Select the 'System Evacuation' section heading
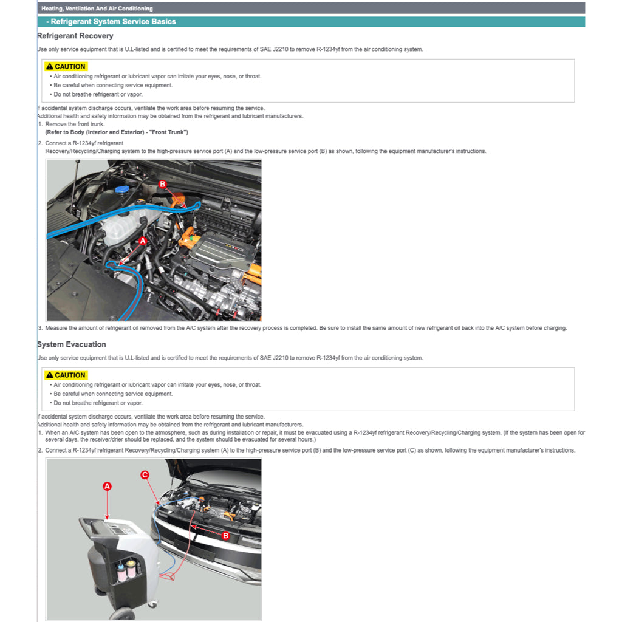(72, 344)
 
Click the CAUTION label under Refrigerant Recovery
(66, 66)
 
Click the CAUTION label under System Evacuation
(66, 375)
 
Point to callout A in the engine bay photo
(143, 241)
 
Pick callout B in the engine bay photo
(162, 183)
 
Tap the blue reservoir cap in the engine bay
(122, 190)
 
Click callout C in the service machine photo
(145, 474)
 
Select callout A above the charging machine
(107, 486)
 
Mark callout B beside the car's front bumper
(225, 536)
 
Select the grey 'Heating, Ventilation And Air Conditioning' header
(97, 9)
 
